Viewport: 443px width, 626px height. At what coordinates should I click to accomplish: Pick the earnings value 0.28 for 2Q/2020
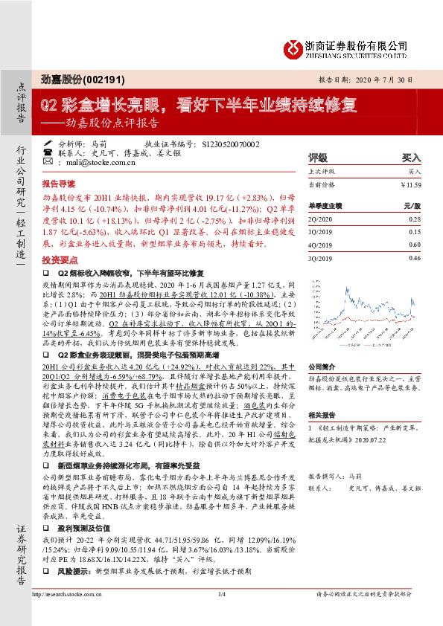(x=414, y=220)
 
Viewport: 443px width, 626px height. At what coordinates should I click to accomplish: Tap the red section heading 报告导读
(x=58, y=183)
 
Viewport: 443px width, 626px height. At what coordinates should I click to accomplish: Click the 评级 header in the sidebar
(x=319, y=158)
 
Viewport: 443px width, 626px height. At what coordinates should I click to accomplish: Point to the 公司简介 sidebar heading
(x=322, y=367)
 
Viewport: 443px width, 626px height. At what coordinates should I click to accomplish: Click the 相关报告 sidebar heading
(x=322, y=416)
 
